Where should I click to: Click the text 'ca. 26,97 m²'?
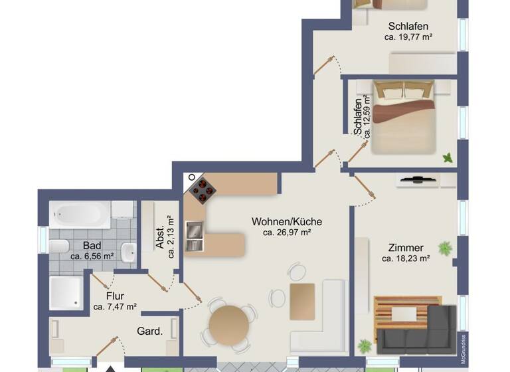[287, 232]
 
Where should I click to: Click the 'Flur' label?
[115, 296]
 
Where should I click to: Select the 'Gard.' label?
[150, 331]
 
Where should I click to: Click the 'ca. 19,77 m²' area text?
[408, 37]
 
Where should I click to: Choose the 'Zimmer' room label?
[406, 247]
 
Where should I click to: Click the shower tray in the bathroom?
[66, 293]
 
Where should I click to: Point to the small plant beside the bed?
[448, 157]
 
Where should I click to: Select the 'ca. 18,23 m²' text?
[406, 258]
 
